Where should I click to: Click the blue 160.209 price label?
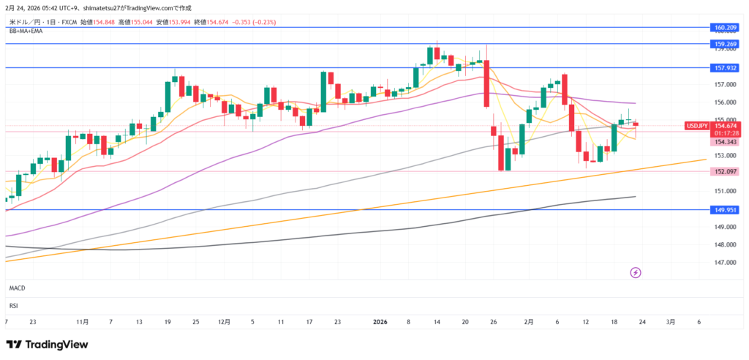[x=724, y=28]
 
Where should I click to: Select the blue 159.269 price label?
[x=724, y=44]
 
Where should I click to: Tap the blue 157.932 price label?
[x=724, y=67]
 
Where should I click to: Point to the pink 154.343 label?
[x=724, y=142]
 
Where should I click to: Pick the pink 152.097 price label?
[x=724, y=171]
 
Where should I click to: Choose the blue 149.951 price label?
[x=724, y=209]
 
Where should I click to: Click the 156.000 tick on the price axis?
[x=724, y=102]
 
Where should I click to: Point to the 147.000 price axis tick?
[x=724, y=263]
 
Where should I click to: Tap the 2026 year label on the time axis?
[x=380, y=321]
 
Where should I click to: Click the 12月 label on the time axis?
[x=225, y=321]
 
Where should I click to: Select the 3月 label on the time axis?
[x=671, y=321]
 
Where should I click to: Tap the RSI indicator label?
[x=13, y=305]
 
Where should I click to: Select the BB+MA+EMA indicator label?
[x=25, y=31]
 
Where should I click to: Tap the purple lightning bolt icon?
[x=636, y=273]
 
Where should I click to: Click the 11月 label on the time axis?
[x=82, y=321]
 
